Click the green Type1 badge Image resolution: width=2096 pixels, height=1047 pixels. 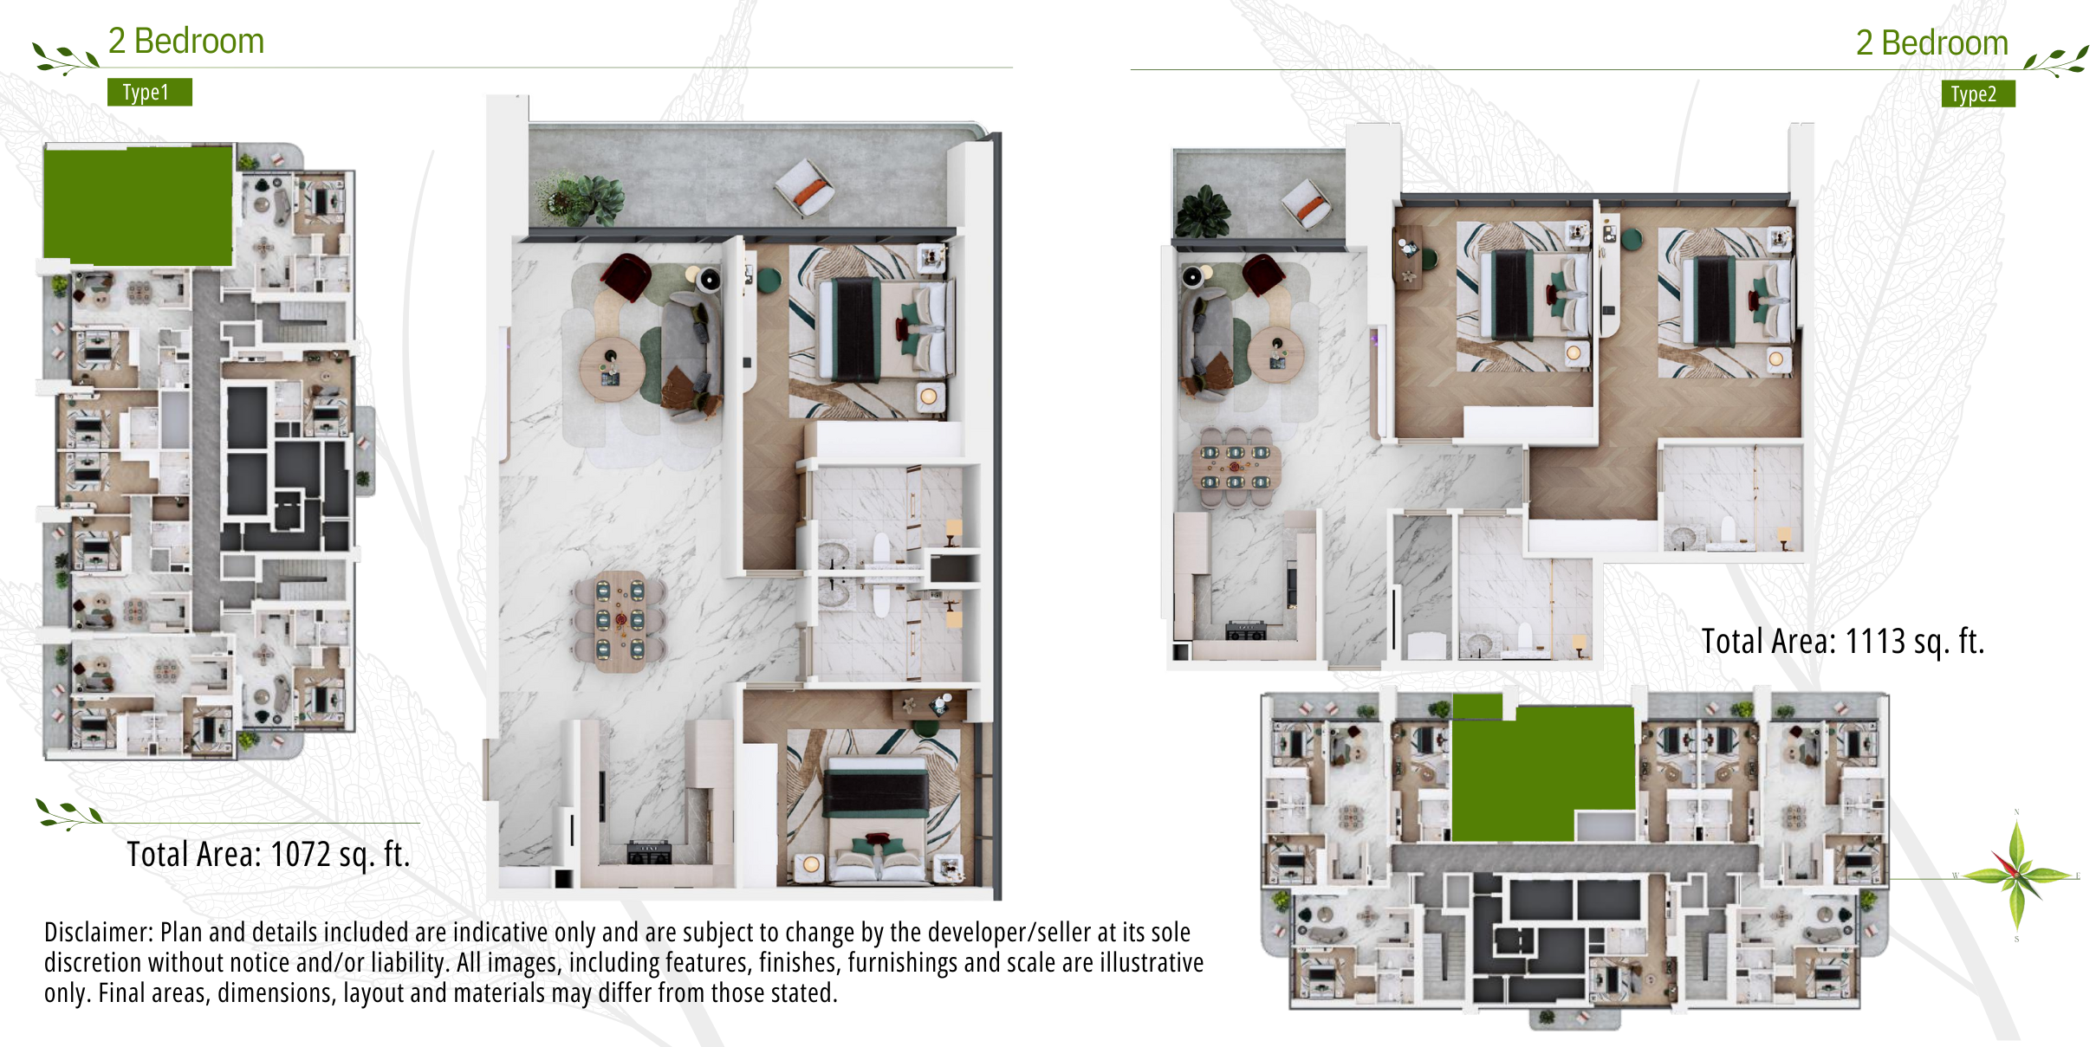pos(149,92)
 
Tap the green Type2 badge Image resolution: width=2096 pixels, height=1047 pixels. pos(1977,94)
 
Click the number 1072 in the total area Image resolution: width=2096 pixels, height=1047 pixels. pos(300,855)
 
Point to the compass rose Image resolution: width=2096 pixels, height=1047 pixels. pos(2017,876)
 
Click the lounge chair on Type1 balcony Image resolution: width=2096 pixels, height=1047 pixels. pos(804,188)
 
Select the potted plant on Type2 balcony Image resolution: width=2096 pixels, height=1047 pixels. pos(1203,211)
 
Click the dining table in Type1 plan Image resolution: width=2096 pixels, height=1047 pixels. pos(620,621)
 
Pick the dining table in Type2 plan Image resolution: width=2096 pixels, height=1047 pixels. pos(1236,467)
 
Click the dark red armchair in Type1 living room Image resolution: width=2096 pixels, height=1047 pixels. pos(626,276)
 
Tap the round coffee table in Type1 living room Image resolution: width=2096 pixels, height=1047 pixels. pos(613,369)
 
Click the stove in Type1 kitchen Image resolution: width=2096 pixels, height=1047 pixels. pos(649,854)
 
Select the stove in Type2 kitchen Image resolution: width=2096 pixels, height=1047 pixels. pos(1246,630)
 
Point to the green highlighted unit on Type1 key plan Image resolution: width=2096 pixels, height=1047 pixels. pos(139,205)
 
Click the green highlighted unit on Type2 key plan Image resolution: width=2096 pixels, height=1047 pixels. pos(1542,771)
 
